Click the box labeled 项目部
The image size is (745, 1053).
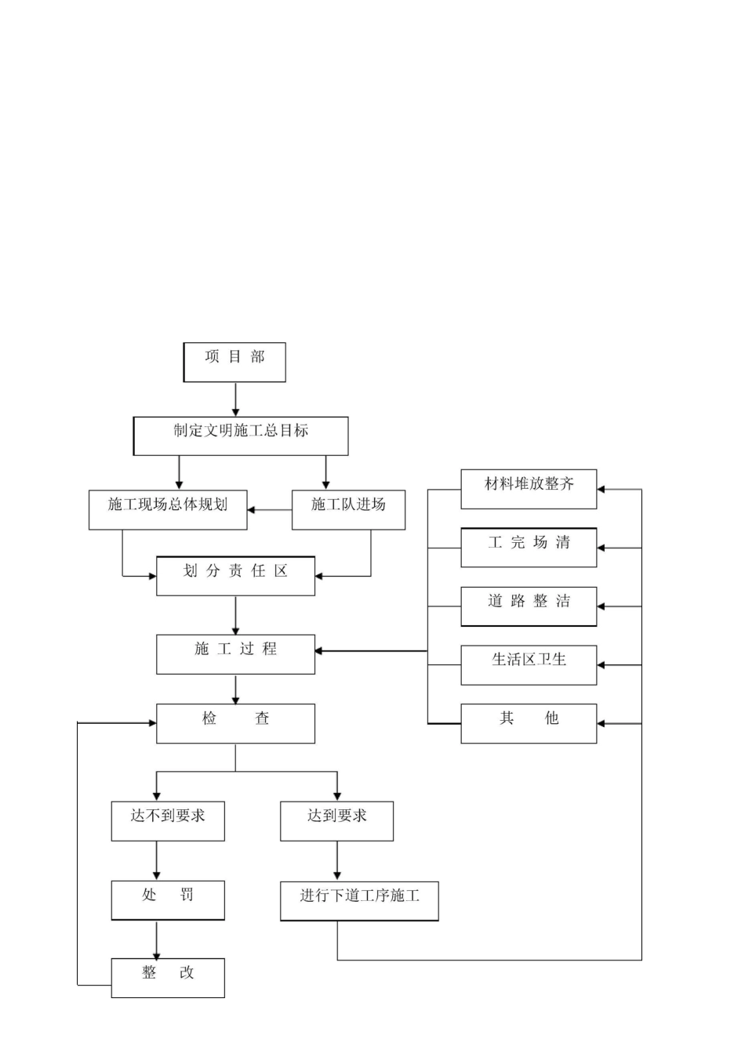(x=234, y=362)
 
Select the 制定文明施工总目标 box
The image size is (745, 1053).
(x=241, y=436)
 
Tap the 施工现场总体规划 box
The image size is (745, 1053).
(x=168, y=510)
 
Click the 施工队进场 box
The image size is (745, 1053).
(x=348, y=510)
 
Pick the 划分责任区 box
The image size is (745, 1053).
(x=235, y=576)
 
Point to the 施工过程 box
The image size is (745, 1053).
(x=235, y=654)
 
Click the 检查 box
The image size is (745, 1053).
(x=235, y=723)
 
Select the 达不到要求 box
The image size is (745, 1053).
(x=168, y=821)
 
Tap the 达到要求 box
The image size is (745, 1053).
(x=336, y=821)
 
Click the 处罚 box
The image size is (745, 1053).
(x=168, y=900)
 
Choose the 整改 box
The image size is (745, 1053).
(x=168, y=978)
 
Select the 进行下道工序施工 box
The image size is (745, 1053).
(x=359, y=900)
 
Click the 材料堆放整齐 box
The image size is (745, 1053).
(x=529, y=490)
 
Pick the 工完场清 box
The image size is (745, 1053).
(x=529, y=548)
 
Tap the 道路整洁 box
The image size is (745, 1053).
(x=529, y=606)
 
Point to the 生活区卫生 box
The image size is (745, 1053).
(x=529, y=665)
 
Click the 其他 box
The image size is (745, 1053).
(x=529, y=723)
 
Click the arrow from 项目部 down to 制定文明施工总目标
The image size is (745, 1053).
(x=235, y=400)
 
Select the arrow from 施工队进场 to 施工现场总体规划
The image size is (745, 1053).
(x=270, y=510)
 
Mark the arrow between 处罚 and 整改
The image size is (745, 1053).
(x=157, y=939)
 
